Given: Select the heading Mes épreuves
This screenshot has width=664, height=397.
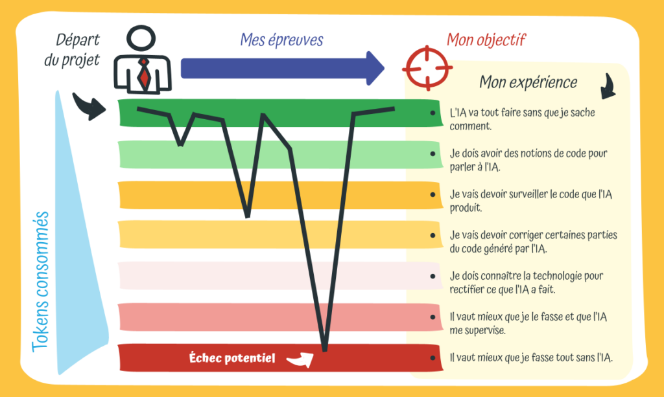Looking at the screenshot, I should [281, 40].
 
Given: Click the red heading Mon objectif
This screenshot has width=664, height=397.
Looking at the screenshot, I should [485, 40].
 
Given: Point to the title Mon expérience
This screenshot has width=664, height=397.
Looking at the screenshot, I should [528, 82].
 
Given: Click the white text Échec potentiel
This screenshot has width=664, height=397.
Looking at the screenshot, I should [232, 357].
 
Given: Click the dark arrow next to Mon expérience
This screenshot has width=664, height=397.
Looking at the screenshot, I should [608, 86].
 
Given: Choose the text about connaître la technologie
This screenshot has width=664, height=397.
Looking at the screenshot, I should [526, 282].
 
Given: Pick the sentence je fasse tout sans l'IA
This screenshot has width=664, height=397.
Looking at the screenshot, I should [531, 357].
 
